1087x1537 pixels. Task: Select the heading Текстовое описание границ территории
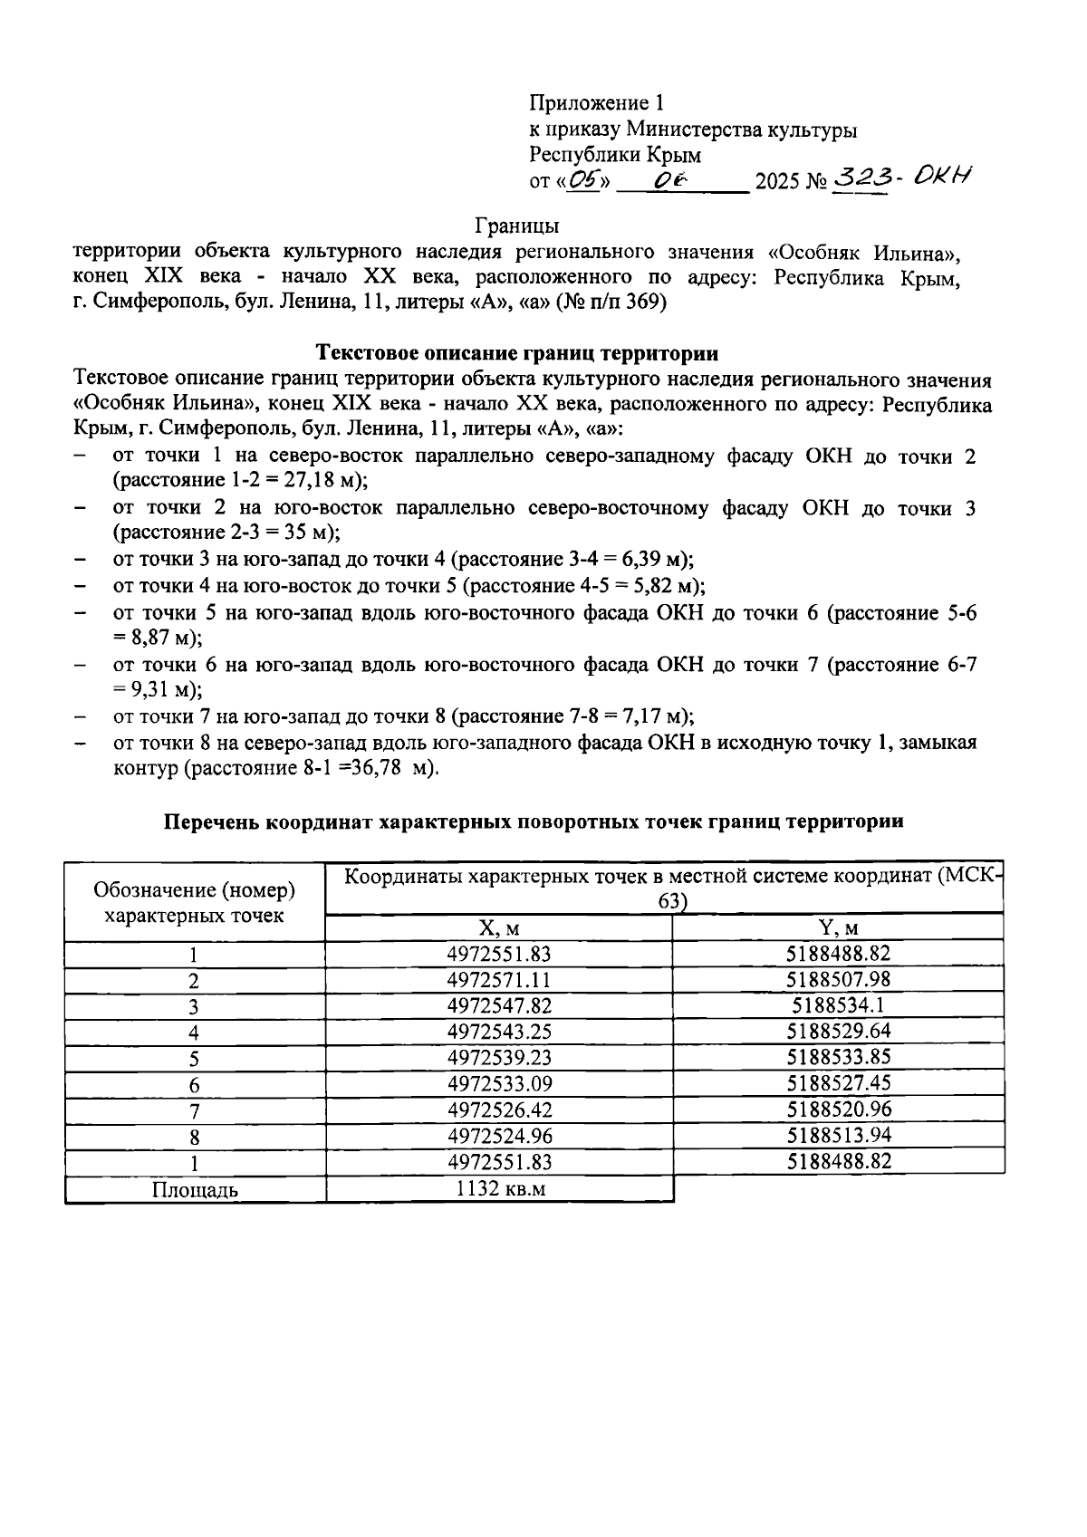[517, 353]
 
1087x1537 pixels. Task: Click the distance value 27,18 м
[313, 481]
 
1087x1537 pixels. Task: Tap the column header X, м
[498, 928]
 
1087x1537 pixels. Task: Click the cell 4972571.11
[498, 980]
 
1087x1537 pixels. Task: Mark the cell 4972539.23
[498, 1058]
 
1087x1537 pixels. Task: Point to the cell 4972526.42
[498, 1110]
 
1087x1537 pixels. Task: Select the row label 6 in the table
[194, 1085]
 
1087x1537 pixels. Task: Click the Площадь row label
[194, 1190]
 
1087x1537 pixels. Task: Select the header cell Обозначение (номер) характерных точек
[194, 903]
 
